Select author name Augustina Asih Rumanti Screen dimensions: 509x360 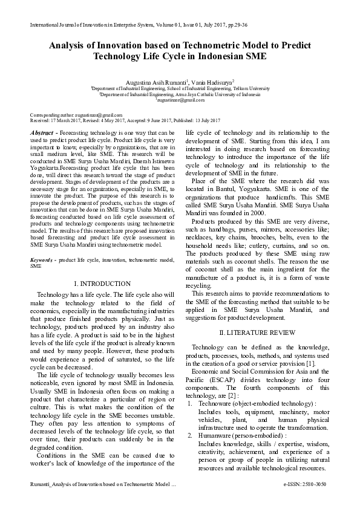(153, 82)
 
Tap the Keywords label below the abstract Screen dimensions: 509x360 (43, 259)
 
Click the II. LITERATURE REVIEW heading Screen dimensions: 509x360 (258, 333)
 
